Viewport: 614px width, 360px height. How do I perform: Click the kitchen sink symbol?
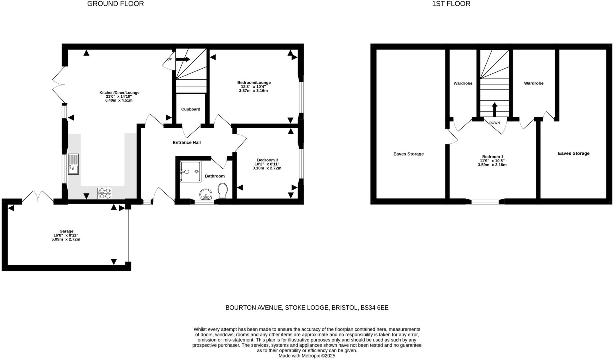73,164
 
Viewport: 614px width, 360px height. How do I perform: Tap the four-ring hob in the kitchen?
104,193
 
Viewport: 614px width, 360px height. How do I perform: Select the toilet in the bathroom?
223,190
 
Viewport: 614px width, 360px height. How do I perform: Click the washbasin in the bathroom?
206,194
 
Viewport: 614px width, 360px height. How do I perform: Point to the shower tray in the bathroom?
190,171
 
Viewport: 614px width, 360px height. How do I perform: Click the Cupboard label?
191,109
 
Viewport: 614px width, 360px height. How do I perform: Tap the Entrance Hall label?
186,142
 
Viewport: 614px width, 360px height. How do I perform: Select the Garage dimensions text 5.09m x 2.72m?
66,240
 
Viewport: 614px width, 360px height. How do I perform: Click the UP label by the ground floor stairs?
169,59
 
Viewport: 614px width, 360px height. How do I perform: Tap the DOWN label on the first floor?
494,123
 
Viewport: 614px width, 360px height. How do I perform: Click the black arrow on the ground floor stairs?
183,59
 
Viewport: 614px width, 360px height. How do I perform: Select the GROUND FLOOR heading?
115,4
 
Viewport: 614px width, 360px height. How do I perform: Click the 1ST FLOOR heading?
451,4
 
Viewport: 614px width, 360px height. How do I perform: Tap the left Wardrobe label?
463,83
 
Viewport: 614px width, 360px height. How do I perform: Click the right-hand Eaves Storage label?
574,153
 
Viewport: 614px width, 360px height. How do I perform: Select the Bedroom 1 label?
493,156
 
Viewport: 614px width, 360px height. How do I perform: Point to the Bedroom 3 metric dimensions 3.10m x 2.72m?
267,168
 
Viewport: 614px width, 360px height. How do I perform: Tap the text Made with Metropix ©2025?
307,356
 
